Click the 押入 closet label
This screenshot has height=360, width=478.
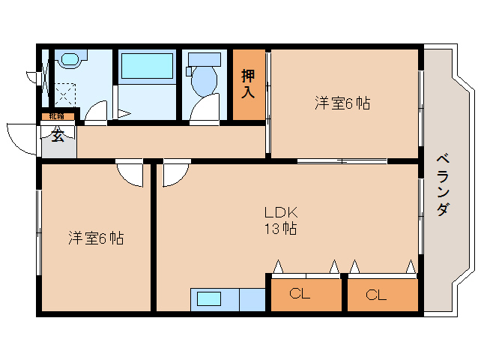[249, 84]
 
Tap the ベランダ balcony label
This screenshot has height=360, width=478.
[443, 184]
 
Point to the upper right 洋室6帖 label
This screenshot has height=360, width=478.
[342, 104]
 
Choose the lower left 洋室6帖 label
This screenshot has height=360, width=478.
[96, 238]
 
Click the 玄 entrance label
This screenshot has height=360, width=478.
[58, 136]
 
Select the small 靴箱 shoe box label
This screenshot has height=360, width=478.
[57, 115]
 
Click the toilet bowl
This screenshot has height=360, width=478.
[204, 80]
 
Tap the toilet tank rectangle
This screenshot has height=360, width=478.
[204, 58]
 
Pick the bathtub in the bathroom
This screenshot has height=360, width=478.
[147, 66]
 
